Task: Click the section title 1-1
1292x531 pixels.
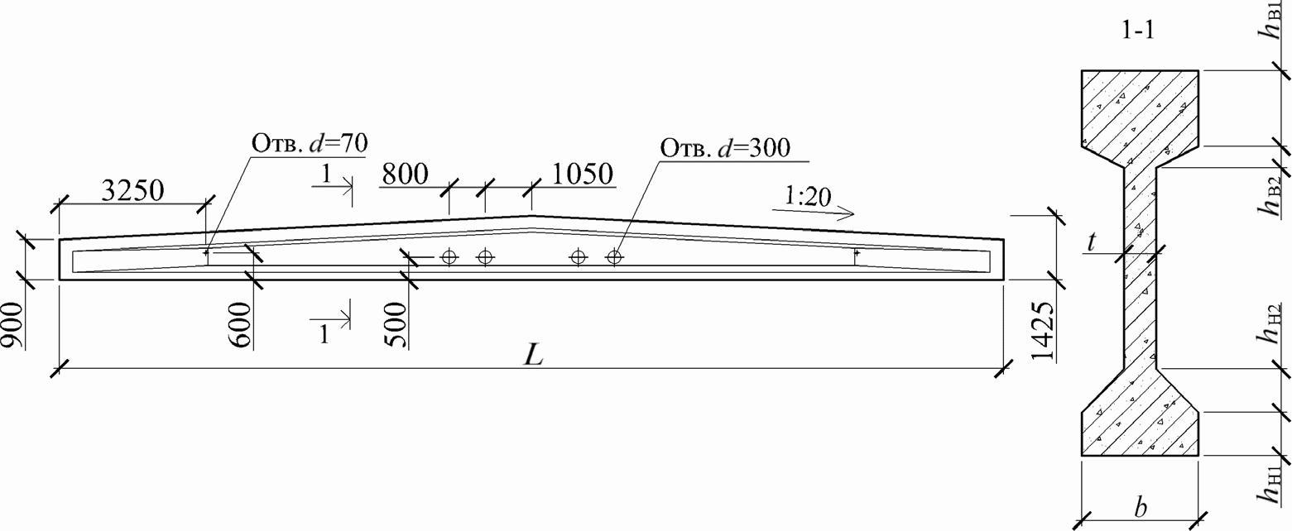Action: [1137, 32]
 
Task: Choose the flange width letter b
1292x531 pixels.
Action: [1141, 507]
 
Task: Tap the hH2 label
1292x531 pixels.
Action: [1270, 323]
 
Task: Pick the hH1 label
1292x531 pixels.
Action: [1270, 485]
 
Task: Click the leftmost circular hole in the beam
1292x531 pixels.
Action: [449, 256]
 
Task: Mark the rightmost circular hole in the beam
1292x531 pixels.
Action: [613, 256]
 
